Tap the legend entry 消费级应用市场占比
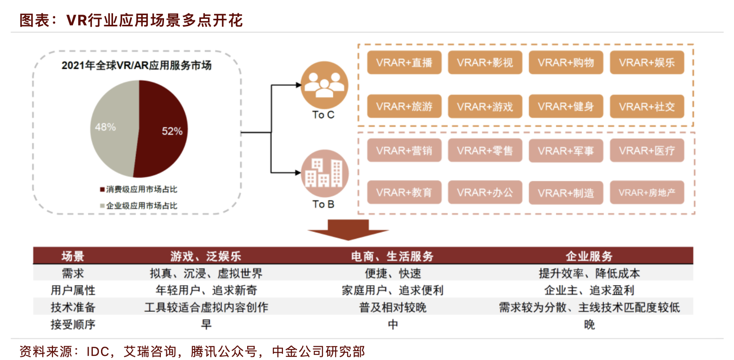click(139, 189)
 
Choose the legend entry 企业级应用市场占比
click(139, 206)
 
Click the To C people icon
click(324, 85)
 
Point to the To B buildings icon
click(324, 173)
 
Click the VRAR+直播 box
click(404, 62)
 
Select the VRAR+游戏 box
click(485, 107)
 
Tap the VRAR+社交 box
click(647, 107)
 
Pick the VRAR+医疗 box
click(647, 151)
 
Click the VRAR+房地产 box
click(647, 193)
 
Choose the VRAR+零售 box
click(485, 151)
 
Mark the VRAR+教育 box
click(404, 193)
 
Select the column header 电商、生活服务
click(392, 256)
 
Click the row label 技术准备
click(73, 307)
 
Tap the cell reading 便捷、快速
click(393, 274)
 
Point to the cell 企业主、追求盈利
click(589, 290)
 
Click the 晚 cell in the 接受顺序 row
click(589, 325)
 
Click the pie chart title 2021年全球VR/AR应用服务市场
click(136, 66)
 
